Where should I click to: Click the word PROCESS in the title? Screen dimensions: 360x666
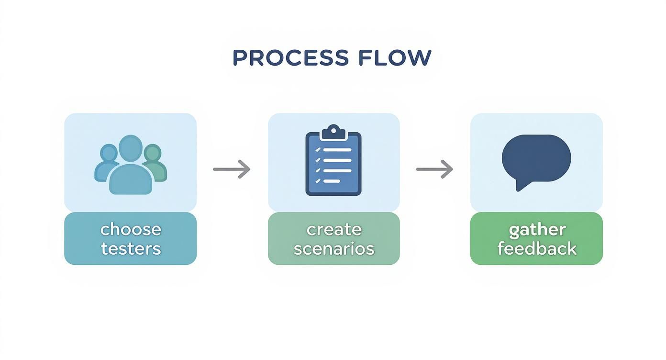(x=290, y=58)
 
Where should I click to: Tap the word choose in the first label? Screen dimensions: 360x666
(x=131, y=229)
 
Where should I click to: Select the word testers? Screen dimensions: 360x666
(x=131, y=248)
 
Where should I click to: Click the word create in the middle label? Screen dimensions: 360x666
(x=333, y=229)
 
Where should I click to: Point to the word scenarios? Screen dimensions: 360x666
(x=333, y=248)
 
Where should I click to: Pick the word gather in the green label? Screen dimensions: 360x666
(x=537, y=230)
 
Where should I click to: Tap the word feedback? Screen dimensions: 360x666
(x=537, y=248)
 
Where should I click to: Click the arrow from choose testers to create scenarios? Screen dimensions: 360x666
(x=232, y=169)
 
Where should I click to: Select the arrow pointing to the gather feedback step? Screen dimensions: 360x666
(x=434, y=169)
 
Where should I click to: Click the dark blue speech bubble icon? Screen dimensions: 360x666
(x=536, y=158)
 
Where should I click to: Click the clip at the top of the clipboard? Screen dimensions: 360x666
(x=333, y=131)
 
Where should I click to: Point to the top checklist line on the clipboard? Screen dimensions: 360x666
(x=337, y=149)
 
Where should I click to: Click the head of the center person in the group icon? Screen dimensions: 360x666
(x=131, y=149)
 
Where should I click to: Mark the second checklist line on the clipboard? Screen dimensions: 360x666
(x=337, y=160)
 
